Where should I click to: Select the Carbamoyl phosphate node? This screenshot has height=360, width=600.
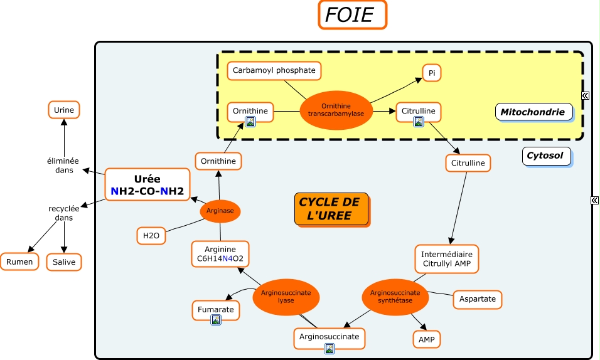[274, 71]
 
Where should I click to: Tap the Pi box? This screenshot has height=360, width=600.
[431, 73]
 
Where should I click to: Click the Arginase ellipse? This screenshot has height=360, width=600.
[220, 211]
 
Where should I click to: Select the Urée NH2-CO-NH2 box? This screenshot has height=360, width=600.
[147, 184]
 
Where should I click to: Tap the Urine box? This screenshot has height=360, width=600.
[64, 110]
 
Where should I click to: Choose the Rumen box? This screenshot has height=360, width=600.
[19, 262]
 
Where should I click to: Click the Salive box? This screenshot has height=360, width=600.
[64, 262]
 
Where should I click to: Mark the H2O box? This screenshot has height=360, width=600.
[151, 236]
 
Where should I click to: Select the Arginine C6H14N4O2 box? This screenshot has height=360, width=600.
[220, 254]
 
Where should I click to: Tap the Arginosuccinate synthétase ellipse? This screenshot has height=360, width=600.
[395, 297]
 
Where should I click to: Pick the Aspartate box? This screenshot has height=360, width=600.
[477, 299]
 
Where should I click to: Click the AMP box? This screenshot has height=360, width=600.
[426, 339]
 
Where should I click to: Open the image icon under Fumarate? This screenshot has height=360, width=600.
[216, 320]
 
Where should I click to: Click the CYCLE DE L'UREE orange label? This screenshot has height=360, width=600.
[330, 209]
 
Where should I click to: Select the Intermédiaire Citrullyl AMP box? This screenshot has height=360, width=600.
[446, 259]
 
